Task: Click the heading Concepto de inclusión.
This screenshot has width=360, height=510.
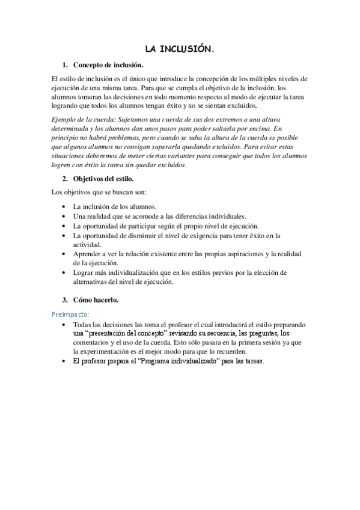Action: pos(108,65)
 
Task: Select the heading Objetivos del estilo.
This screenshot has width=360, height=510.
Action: pos(103,179)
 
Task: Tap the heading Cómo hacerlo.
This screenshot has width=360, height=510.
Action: pos(96,300)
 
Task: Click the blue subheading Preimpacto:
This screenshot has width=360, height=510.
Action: pos(70,314)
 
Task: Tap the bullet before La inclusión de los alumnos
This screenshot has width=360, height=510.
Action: pos(64,206)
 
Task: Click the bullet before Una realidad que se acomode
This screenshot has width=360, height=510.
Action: pos(64,216)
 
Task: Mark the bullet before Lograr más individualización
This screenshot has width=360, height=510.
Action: pos(64,273)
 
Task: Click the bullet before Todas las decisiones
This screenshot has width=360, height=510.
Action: pos(64,324)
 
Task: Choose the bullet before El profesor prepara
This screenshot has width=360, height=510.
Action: pos(64,361)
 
